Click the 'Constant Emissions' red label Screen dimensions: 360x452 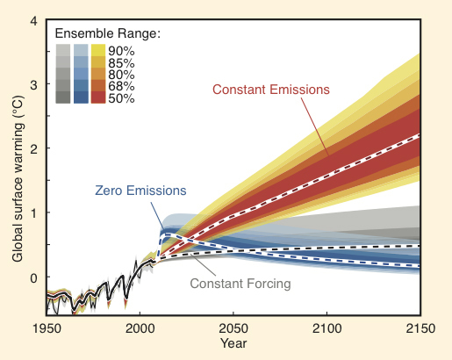pyautogui.click(x=270, y=90)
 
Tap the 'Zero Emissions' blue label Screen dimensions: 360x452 pyautogui.click(x=140, y=190)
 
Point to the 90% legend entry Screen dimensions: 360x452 pyautogui.click(x=122, y=50)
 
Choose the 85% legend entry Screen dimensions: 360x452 pyautogui.click(x=122, y=62)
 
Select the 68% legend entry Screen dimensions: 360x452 pyautogui.click(x=122, y=86)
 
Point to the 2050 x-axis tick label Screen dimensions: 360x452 pyautogui.click(x=233, y=328)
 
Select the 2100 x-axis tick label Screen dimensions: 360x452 pyautogui.click(x=326, y=328)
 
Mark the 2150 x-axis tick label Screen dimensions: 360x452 pyautogui.click(x=419, y=328)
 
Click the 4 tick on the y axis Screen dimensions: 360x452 pyautogui.click(x=32, y=20)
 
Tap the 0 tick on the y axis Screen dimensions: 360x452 pyautogui.click(x=32, y=277)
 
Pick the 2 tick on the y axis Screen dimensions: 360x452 pyautogui.click(x=32, y=149)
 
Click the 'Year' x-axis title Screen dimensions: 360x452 pyautogui.click(x=233, y=344)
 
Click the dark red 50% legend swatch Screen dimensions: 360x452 pyautogui.click(x=97, y=97)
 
